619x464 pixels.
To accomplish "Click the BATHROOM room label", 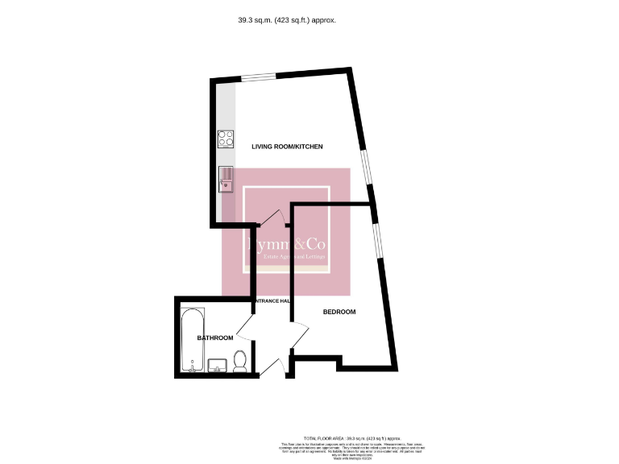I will coord(215,338).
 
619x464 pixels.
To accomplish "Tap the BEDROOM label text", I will coord(339,312).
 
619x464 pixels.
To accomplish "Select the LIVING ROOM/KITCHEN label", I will coord(287,147).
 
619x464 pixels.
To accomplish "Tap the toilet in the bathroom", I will coord(240,359).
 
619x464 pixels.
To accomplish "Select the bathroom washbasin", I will coord(218,366).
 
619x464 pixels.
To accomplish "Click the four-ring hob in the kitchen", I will coord(226,139).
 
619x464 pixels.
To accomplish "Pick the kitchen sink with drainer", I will coord(226,177).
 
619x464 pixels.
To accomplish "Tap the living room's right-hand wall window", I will coord(365,169).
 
